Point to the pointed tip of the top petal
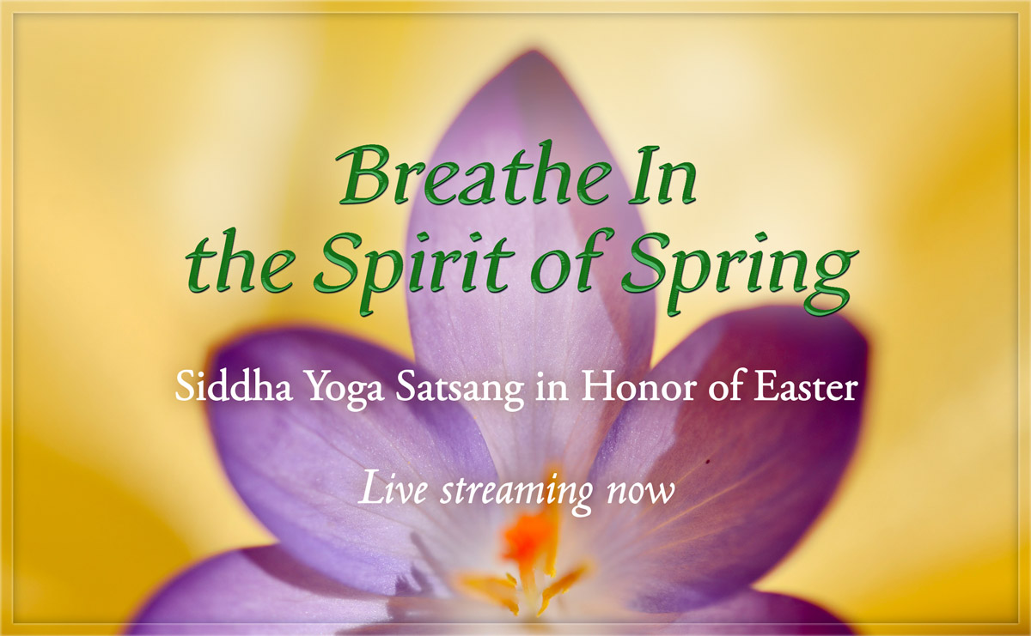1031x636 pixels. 532,57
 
